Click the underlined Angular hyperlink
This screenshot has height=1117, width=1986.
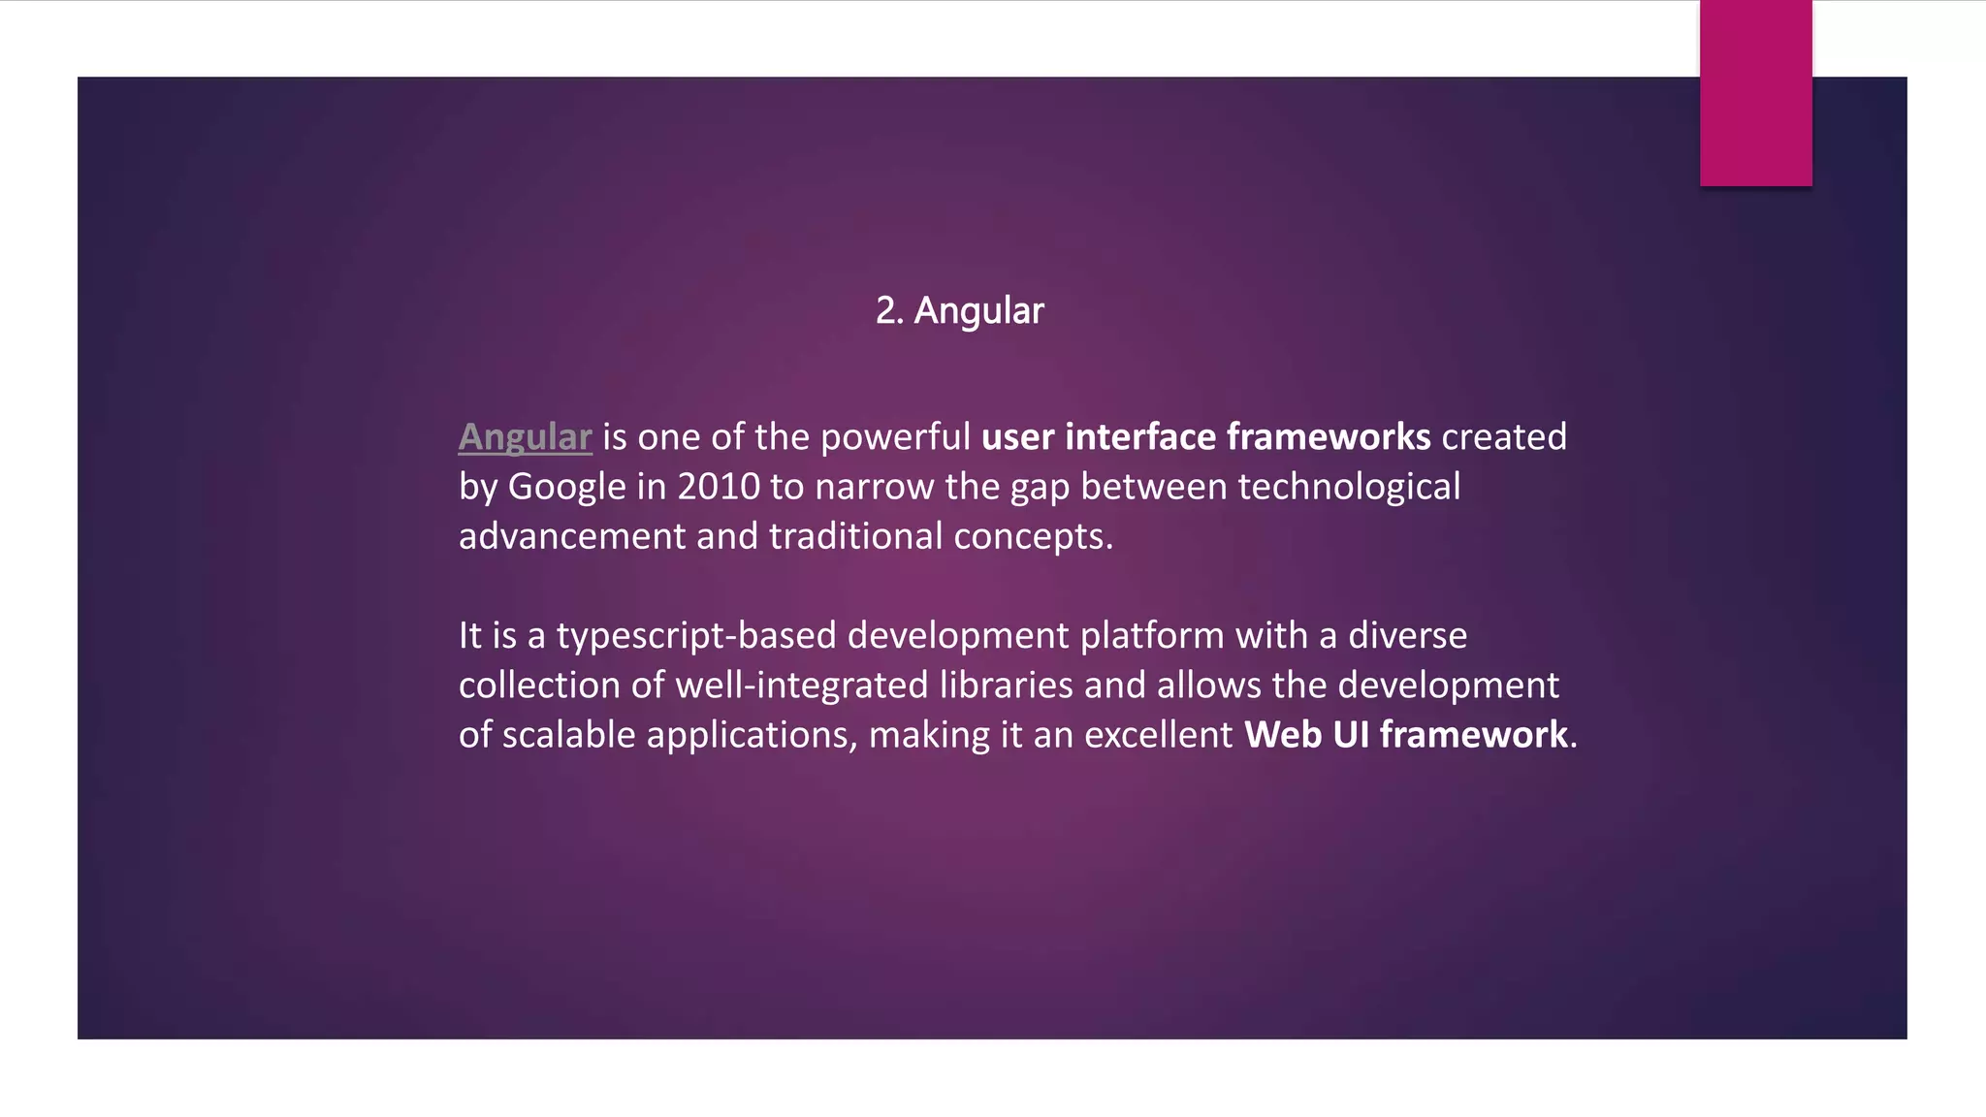525,437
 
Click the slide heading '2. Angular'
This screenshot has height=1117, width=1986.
959,311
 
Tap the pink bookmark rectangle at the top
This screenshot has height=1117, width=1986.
1755,93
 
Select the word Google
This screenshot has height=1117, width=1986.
567,487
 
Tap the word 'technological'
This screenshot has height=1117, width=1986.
1349,487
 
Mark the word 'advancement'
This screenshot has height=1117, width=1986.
572,536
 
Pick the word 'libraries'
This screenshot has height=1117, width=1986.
1006,686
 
